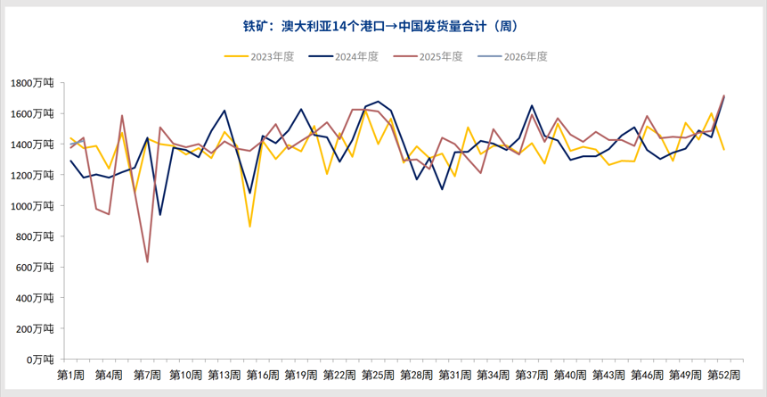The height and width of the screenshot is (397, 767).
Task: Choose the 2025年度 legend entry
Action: (428, 56)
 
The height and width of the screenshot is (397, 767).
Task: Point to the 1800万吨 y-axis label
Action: (32, 83)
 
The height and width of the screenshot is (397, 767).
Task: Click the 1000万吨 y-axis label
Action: (32, 205)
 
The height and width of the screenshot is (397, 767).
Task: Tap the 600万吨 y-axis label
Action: (35, 267)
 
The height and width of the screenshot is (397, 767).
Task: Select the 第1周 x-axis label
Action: (70, 374)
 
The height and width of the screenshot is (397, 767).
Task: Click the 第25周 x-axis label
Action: (378, 374)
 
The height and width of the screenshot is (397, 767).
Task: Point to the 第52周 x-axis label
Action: (723, 374)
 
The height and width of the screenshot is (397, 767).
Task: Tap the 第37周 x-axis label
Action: (531, 374)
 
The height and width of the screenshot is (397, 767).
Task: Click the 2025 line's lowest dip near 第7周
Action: (147, 261)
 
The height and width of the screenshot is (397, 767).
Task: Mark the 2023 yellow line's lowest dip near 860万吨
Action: (249, 227)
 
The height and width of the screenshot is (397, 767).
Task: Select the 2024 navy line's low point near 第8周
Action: (160, 214)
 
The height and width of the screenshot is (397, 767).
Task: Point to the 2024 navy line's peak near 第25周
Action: (379, 102)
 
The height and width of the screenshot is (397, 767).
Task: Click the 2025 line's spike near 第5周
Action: (122, 116)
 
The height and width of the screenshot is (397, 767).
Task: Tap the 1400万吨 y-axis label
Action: (32, 145)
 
